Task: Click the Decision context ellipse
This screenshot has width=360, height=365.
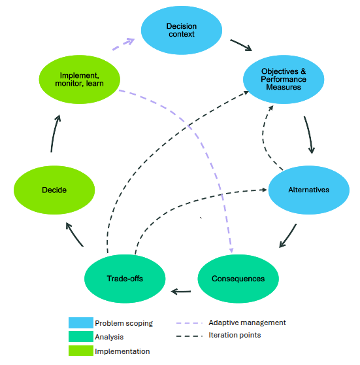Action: (182, 30)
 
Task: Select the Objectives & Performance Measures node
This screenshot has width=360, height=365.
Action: (284, 79)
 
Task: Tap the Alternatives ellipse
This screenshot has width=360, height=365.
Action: (309, 190)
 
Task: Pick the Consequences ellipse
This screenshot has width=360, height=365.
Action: (238, 279)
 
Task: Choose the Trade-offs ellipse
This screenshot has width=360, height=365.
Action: (125, 279)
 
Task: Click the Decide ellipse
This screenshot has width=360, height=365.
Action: (54, 190)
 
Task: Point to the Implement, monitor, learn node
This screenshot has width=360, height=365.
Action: (80, 79)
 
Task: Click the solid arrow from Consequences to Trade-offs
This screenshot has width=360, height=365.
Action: (181, 292)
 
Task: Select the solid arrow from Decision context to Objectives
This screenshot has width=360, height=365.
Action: (241, 45)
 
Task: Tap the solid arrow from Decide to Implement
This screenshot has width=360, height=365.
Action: (54, 133)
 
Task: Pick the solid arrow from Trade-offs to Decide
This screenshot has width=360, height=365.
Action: (74, 234)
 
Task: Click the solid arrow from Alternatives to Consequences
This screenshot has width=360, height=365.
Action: (288, 235)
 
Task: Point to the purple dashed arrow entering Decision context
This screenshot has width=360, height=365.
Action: (123, 44)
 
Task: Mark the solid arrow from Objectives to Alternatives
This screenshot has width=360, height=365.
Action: (309, 135)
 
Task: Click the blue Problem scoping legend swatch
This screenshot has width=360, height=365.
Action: (81, 322)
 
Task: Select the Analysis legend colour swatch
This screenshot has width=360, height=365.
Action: (81, 337)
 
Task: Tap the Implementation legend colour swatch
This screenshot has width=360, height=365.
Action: (81, 351)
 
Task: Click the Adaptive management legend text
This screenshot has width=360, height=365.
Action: (247, 322)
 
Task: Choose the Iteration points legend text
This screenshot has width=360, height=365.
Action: (235, 335)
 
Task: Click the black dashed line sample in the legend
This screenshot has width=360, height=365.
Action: (189, 336)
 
